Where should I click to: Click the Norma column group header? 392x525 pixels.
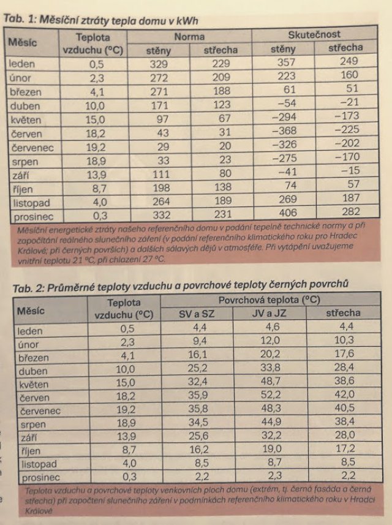pos(189,37)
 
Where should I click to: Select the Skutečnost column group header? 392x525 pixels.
pos(314,34)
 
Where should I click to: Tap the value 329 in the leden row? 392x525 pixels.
pos(159,64)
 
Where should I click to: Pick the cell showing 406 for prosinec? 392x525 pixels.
pos(288,213)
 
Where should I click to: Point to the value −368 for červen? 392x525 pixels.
pos(285,130)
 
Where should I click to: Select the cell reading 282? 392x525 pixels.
pos(351,211)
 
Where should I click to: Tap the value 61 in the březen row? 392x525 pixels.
pos(289,89)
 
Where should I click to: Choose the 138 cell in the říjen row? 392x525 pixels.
pos(223,187)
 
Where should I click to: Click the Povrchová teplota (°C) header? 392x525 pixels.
pos(269,300)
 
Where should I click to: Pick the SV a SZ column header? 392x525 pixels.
pos(197,314)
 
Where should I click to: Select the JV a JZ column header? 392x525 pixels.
pos(269,314)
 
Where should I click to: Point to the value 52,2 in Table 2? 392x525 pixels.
pos(271,395)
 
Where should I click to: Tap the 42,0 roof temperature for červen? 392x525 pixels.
pos(344,395)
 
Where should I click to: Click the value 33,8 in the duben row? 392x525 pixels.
pos(271,368)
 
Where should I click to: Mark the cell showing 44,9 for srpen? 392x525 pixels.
pos(271,422)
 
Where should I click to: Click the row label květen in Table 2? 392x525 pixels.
pos(34,384)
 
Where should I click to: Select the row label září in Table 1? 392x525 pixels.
pos(20,175)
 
